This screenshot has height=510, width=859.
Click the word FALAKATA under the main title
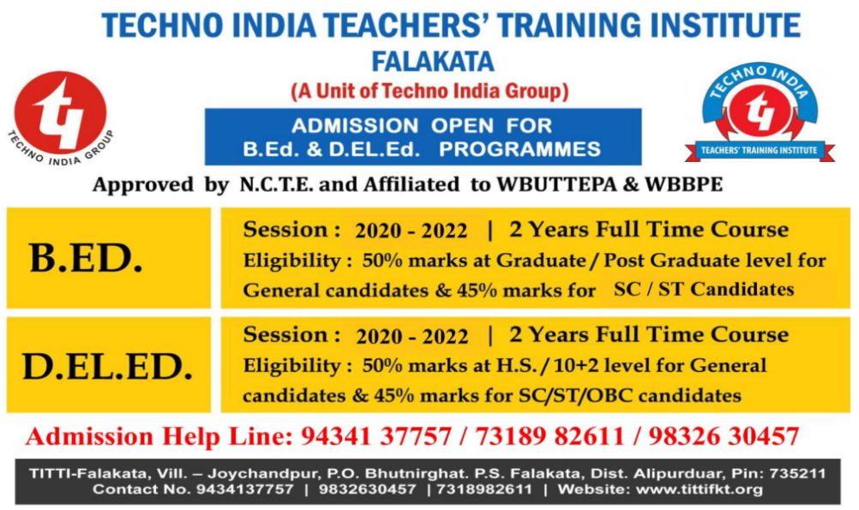pyautogui.click(x=433, y=62)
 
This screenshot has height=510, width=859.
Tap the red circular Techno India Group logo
pyautogui.click(x=60, y=112)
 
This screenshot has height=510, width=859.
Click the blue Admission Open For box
pyautogui.click(x=423, y=137)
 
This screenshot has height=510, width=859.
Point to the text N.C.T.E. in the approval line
pyautogui.click(x=277, y=184)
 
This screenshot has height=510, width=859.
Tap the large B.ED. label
pyautogui.click(x=86, y=258)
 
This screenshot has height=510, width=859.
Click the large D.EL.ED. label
pyautogui.click(x=107, y=367)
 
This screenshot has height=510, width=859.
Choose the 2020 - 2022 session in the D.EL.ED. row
pyautogui.click(x=412, y=336)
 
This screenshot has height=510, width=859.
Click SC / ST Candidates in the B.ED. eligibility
pyautogui.click(x=704, y=289)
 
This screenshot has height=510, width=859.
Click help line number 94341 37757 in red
pyautogui.click(x=376, y=436)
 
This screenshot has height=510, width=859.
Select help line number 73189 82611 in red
pyautogui.click(x=550, y=436)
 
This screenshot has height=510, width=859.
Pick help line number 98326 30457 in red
pyautogui.click(x=724, y=436)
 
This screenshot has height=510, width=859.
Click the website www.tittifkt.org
pyautogui.click(x=699, y=489)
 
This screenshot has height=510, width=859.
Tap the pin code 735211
pyautogui.click(x=797, y=473)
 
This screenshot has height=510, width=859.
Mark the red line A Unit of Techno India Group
pyautogui.click(x=430, y=91)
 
